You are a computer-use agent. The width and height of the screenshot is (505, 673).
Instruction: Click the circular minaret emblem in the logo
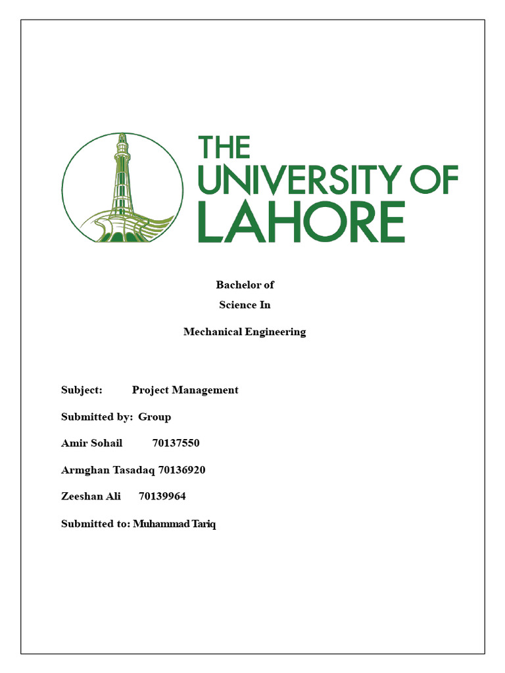click(x=123, y=188)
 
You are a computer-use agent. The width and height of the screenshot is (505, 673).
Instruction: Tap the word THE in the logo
click(x=224, y=147)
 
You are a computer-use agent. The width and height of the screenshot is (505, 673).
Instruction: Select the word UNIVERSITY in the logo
click(x=299, y=179)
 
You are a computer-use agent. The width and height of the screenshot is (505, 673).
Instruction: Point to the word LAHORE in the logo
click(x=301, y=221)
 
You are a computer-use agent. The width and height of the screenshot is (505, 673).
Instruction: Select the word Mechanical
click(x=213, y=332)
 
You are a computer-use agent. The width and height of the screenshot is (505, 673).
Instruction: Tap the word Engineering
click(x=276, y=332)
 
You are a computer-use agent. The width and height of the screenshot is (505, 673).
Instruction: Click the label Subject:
click(x=82, y=390)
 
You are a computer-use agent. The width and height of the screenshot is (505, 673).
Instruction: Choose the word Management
click(x=205, y=390)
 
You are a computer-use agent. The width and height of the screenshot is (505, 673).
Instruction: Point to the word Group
click(x=155, y=417)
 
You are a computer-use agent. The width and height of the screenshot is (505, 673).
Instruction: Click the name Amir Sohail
click(x=91, y=443)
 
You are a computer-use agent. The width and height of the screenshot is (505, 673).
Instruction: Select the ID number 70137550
click(x=176, y=443)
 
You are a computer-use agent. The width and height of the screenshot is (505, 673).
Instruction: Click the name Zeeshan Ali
click(x=91, y=496)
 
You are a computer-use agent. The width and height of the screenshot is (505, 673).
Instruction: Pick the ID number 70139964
click(x=162, y=496)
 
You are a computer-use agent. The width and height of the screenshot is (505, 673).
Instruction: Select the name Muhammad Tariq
click(x=174, y=524)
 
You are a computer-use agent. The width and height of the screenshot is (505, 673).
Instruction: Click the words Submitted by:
click(x=97, y=417)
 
